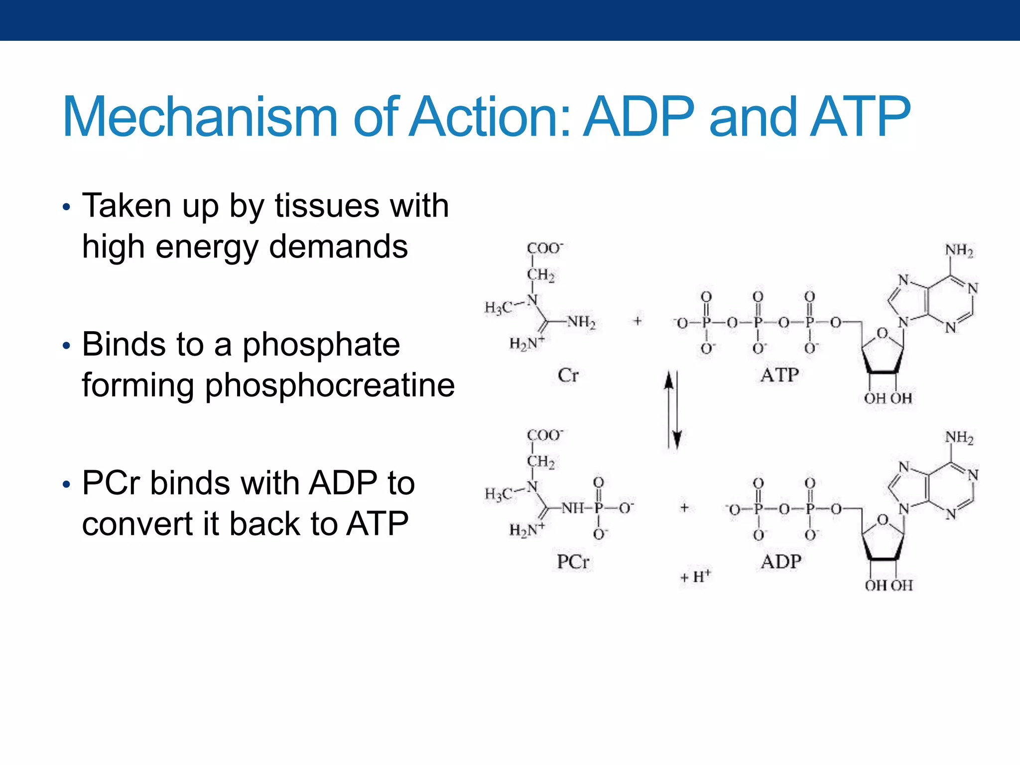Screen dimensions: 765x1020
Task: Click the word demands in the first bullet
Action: point(338,247)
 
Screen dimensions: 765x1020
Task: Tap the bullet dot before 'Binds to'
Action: point(67,346)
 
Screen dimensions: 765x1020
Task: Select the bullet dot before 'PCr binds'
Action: point(67,484)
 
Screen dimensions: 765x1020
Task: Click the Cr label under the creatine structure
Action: point(568,375)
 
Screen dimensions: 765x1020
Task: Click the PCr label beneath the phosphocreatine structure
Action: point(573,562)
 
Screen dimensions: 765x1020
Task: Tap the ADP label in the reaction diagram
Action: point(781,562)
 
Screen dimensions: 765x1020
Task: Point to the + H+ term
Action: point(696,576)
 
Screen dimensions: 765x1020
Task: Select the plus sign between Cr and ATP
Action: point(637,321)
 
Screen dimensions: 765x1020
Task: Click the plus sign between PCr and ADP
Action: point(684,508)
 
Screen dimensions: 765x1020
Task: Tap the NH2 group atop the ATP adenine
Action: point(959,251)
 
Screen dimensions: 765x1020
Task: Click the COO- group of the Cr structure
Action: point(545,248)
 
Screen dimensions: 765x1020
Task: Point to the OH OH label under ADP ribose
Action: point(889,585)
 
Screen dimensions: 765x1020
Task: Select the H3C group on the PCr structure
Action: point(499,494)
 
